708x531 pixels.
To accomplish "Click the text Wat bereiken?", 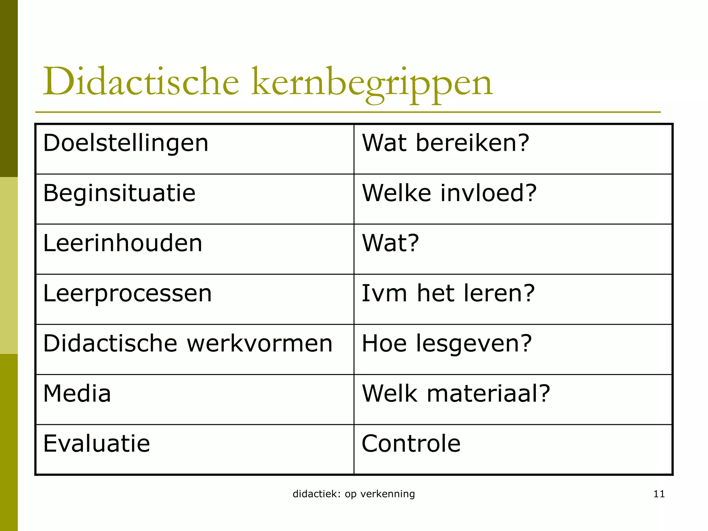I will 445,143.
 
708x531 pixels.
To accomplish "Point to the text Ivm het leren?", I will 448,294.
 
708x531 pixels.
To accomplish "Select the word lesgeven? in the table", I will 474,344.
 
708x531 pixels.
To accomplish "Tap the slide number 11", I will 659,494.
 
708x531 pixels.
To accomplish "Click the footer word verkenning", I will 388,494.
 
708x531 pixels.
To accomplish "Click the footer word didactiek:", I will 316,494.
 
